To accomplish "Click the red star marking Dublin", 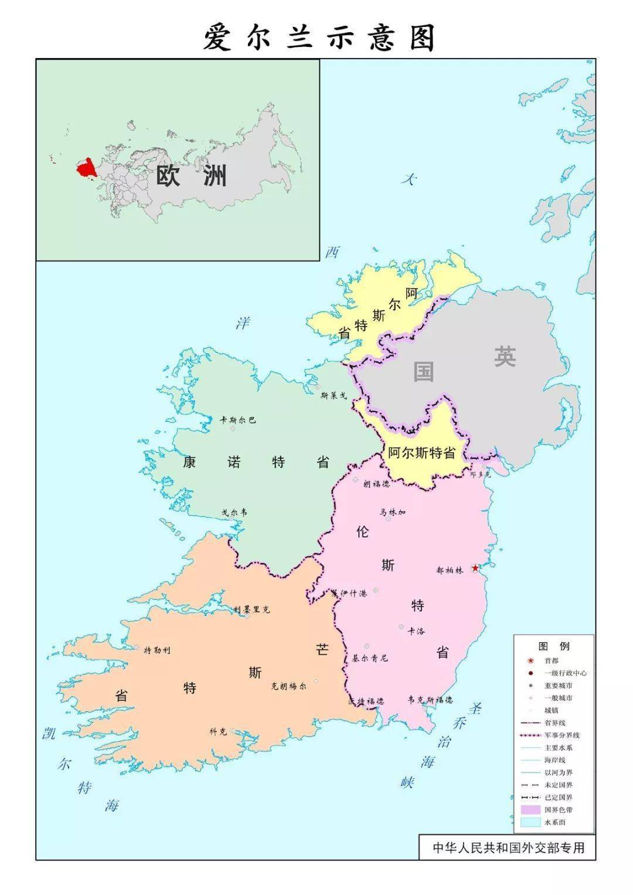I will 475,568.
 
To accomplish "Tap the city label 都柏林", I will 450,569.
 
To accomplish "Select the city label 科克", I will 218,731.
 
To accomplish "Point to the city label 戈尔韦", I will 234,512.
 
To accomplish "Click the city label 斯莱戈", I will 333,395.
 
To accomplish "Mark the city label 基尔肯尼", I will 369,657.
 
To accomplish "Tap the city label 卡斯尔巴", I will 237,420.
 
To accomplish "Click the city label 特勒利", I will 157,650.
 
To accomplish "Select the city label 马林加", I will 392,512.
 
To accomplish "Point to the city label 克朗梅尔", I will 288,686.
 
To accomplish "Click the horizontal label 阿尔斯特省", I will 422,453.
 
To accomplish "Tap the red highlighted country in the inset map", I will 86,168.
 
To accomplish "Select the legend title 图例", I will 554,646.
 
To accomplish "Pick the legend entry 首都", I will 551,660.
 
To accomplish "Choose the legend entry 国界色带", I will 557,809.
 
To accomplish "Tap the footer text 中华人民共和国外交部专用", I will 508,847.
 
